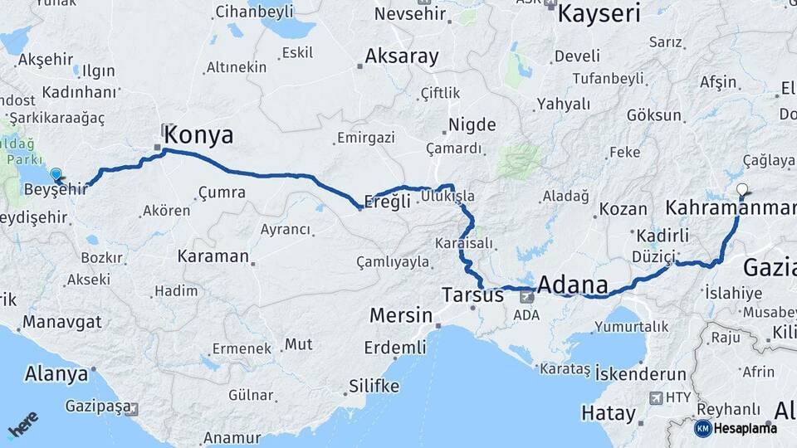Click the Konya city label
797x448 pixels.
pos(198,135)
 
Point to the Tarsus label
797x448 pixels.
pos(473,295)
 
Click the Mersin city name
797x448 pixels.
pos(401,315)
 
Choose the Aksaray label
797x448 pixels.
pos(402,56)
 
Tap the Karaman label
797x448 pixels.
pos(213,256)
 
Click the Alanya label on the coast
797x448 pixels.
pos(56,373)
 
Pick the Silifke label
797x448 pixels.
pos(374,387)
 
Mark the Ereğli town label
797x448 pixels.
pos(389,201)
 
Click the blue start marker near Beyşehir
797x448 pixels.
pos(56,174)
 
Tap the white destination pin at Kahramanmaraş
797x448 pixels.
pos(742,189)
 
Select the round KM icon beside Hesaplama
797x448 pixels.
pos(702,428)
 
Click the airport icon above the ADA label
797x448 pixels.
pos(526,296)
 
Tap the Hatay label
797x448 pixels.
pos(608,412)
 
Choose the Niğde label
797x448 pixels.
pos(472,125)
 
